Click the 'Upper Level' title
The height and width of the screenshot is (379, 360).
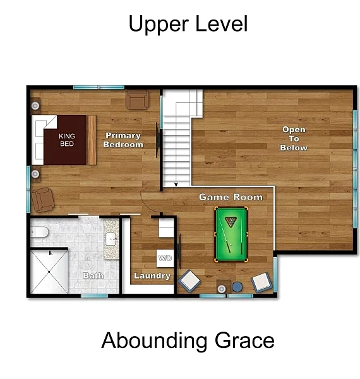tap(188, 24)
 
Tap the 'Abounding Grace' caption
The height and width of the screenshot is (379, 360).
tap(188, 341)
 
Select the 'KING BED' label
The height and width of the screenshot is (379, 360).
tap(67, 140)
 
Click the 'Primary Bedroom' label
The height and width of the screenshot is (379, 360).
tap(123, 140)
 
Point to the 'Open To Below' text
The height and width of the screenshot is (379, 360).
tap(294, 138)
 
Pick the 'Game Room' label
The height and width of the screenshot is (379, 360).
tap(231, 197)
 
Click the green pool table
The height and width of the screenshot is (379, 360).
tap(231, 234)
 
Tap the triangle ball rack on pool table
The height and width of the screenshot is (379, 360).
tap(231, 222)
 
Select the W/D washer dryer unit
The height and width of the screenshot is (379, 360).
tap(165, 258)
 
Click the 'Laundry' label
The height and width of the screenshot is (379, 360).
tap(152, 275)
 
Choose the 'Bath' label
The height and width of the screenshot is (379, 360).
tap(93, 275)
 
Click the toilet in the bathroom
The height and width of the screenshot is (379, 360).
tap(39, 232)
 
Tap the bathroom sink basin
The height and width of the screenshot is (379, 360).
tap(111, 239)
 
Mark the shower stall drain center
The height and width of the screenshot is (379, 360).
tap(49, 272)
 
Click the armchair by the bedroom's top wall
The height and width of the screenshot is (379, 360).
tap(137, 99)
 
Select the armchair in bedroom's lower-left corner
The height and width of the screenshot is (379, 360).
tap(43, 200)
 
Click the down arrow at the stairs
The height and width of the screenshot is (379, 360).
tap(176, 184)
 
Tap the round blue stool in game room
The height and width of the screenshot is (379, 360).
tap(237, 287)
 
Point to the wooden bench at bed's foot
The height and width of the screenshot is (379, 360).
tap(92, 140)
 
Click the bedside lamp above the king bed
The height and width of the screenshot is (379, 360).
tap(35, 105)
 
